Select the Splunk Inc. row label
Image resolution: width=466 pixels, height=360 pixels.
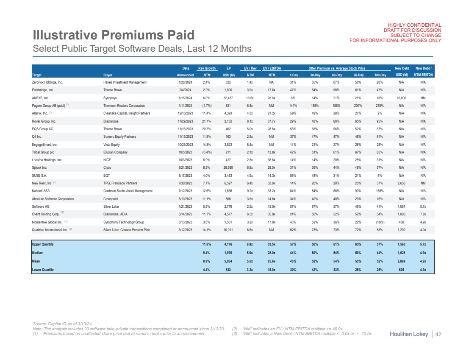coord(40,167)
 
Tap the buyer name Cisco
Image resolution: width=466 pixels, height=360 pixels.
coord(108,167)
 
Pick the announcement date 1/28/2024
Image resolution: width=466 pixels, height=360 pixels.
coord(186,82)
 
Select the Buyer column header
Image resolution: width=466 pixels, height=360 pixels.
coord(108,75)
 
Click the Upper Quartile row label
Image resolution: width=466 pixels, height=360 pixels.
coord(43,244)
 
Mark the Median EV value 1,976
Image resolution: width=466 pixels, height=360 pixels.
coord(229,253)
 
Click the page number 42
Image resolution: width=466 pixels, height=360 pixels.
coord(438,335)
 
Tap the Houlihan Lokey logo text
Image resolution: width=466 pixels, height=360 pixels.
coord(409,335)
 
